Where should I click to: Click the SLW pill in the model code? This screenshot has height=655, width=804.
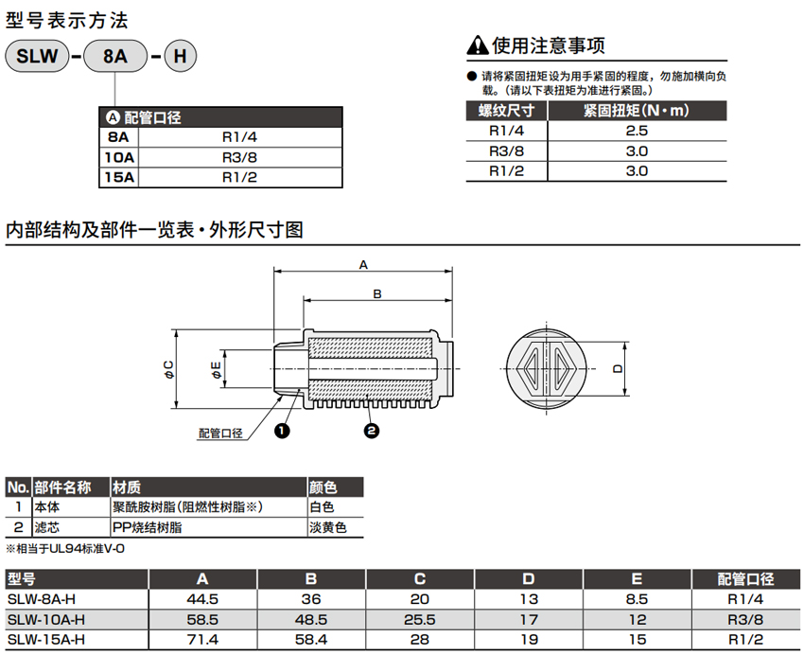pyautogui.click(x=37, y=56)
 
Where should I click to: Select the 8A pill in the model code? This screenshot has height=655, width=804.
pyautogui.click(x=115, y=56)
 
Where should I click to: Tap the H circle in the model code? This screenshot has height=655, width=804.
pyautogui.click(x=180, y=56)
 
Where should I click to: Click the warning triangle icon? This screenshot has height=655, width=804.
pyautogui.click(x=478, y=45)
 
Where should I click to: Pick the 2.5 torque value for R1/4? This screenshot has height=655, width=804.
pyautogui.click(x=637, y=131)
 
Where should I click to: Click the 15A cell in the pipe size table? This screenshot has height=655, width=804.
pyautogui.click(x=119, y=177)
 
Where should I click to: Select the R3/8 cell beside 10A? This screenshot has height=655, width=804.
pyautogui.click(x=239, y=157)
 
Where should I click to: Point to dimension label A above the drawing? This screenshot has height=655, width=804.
pyautogui.click(x=363, y=265)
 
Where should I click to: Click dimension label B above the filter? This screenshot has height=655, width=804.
pyautogui.click(x=377, y=294)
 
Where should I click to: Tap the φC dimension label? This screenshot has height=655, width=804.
pyautogui.click(x=168, y=369)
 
